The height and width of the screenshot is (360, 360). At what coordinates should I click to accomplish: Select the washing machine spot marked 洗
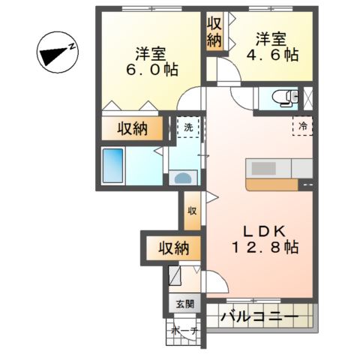[x=188, y=127]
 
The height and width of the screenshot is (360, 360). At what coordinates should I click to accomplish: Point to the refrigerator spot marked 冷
[x=303, y=126]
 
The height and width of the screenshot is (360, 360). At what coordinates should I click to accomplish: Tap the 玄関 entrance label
[x=185, y=304]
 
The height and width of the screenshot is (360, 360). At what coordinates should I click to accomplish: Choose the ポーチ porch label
[x=184, y=331]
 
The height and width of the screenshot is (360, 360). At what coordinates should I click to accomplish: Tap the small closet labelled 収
[x=192, y=211]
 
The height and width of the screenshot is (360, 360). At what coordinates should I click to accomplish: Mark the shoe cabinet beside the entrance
[x=175, y=277]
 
